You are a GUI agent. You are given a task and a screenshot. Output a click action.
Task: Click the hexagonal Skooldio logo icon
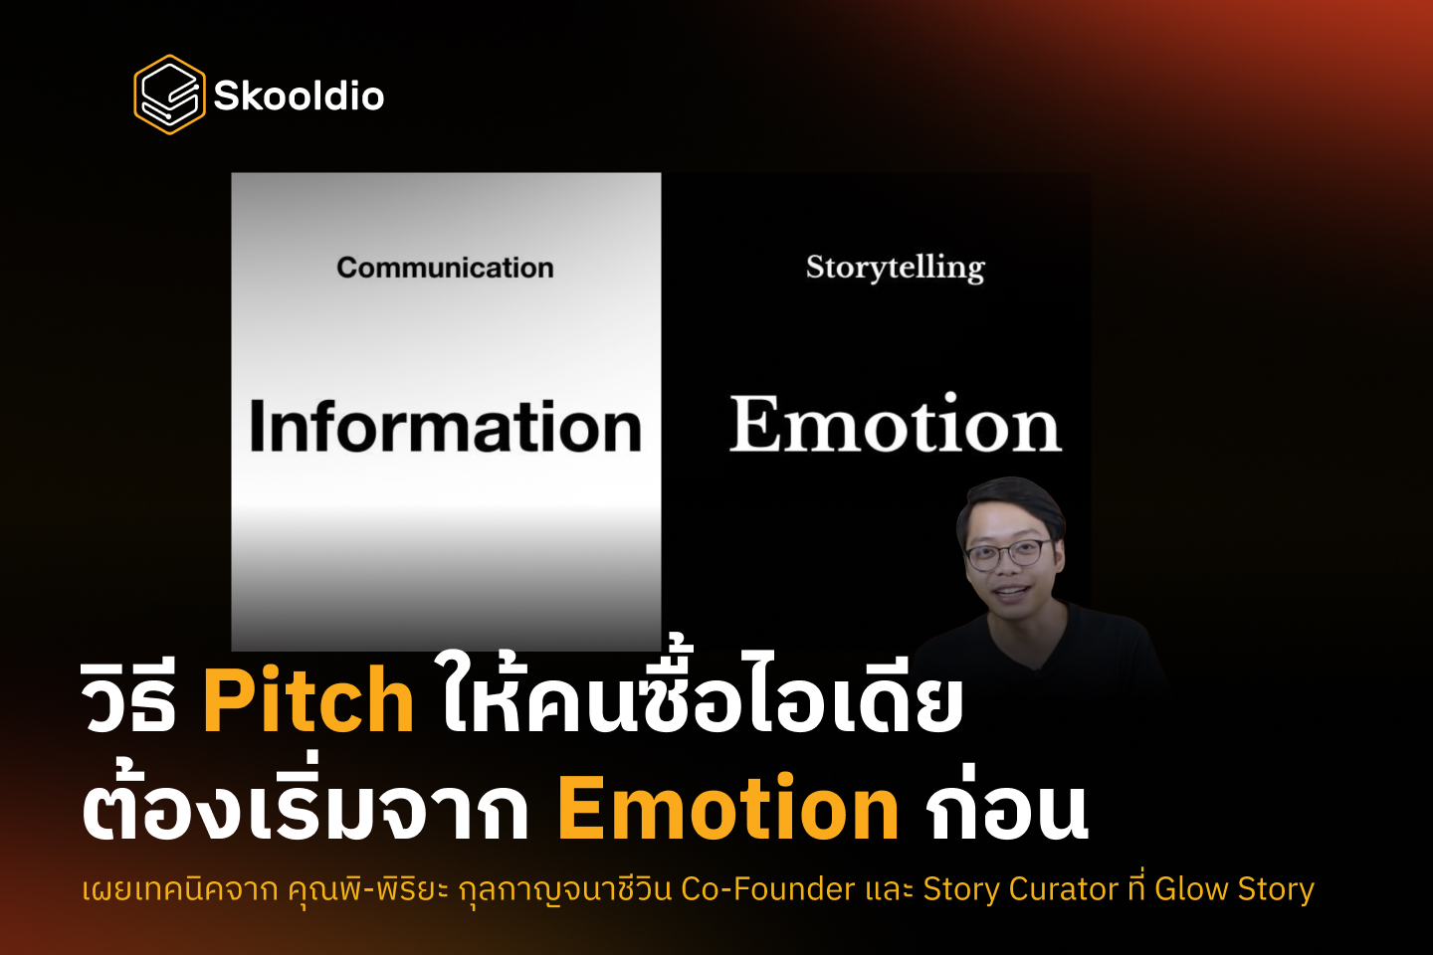click(x=169, y=95)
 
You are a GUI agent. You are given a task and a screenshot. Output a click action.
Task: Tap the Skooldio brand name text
click(x=299, y=96)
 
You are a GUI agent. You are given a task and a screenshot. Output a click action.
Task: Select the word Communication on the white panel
click(x=445, y=268)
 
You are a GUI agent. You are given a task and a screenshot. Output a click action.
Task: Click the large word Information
click(x=445, y=428)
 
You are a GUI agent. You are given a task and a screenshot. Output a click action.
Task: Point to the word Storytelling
click(x=895, y=268)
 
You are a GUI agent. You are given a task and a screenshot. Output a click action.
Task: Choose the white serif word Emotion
click(x=895, y=426)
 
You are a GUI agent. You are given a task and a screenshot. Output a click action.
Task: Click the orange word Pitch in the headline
click(x=307, y=701)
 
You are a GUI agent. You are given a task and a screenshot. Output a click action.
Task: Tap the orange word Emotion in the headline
click(x=727, y=808)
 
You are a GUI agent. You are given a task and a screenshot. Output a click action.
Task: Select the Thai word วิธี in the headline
click(x=129, y=701)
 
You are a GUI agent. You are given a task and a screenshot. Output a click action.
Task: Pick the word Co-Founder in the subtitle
click(x=767, y=888)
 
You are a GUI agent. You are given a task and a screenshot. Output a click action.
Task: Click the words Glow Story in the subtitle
click(x=1234, y=888)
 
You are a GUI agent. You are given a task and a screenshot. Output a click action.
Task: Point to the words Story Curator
click(x=1020, y=888)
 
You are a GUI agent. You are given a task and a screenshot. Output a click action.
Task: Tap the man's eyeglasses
click(x=1007, y=553)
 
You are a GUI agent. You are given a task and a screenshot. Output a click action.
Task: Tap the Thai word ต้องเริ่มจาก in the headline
click(x=305, y=808)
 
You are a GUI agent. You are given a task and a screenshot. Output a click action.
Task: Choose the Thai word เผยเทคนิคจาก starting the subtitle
click(x=179, y=888)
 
